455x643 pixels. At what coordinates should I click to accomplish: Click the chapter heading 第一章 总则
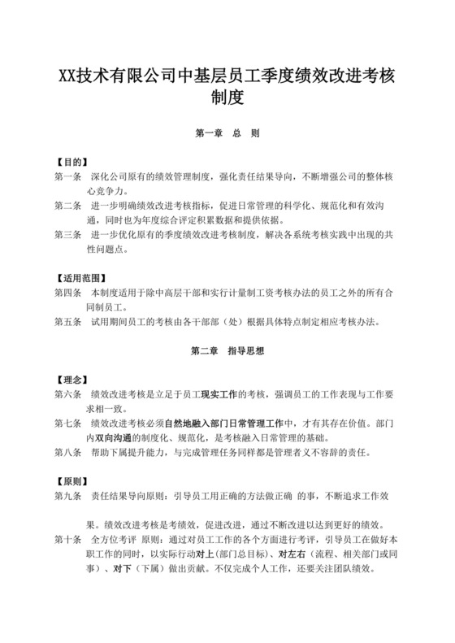tap(227, 132)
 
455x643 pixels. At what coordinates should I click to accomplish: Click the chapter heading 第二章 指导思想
tap(227, 352)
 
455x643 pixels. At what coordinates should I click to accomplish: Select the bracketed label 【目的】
tap(71, 161)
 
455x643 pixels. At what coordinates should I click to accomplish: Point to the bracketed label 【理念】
tap(71, 380)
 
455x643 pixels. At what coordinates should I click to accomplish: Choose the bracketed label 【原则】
tap(71, 480)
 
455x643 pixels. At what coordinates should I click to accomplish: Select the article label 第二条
tap(68, 206)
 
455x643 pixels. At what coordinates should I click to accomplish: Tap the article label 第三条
tap(68, 235)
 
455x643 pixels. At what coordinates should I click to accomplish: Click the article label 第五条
tap(68, 322)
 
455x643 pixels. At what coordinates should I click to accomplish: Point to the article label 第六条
tap(68, 394)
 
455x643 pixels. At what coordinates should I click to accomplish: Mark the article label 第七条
tap(68, 424)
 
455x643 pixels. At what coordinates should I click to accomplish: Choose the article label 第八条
tap(68, 452)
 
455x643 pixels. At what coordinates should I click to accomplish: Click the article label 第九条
tap(68, 495)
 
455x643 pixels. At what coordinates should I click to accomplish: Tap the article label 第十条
tap(68, 539)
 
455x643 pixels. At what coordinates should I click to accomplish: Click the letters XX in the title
tap(67, 76)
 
